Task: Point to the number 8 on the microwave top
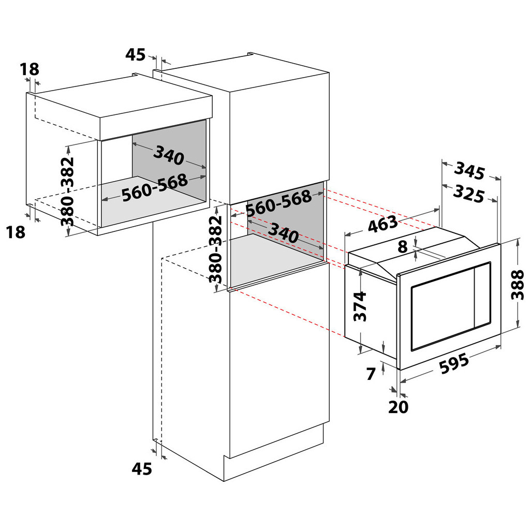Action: (x=403, y=247)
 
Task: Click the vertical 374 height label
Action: (x=360, y=306)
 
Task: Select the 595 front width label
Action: (x=453, y=364)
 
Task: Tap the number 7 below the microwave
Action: (x=370, y=374)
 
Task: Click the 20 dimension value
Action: (x=398, y=407)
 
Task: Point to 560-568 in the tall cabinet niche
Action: (x=278, y=204)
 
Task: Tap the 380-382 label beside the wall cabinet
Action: (x=68, y=192)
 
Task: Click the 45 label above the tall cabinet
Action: (x=136, y=54)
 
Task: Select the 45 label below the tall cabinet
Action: (x=141, y=469)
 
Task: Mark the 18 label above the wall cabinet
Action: (x=30, y=69)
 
